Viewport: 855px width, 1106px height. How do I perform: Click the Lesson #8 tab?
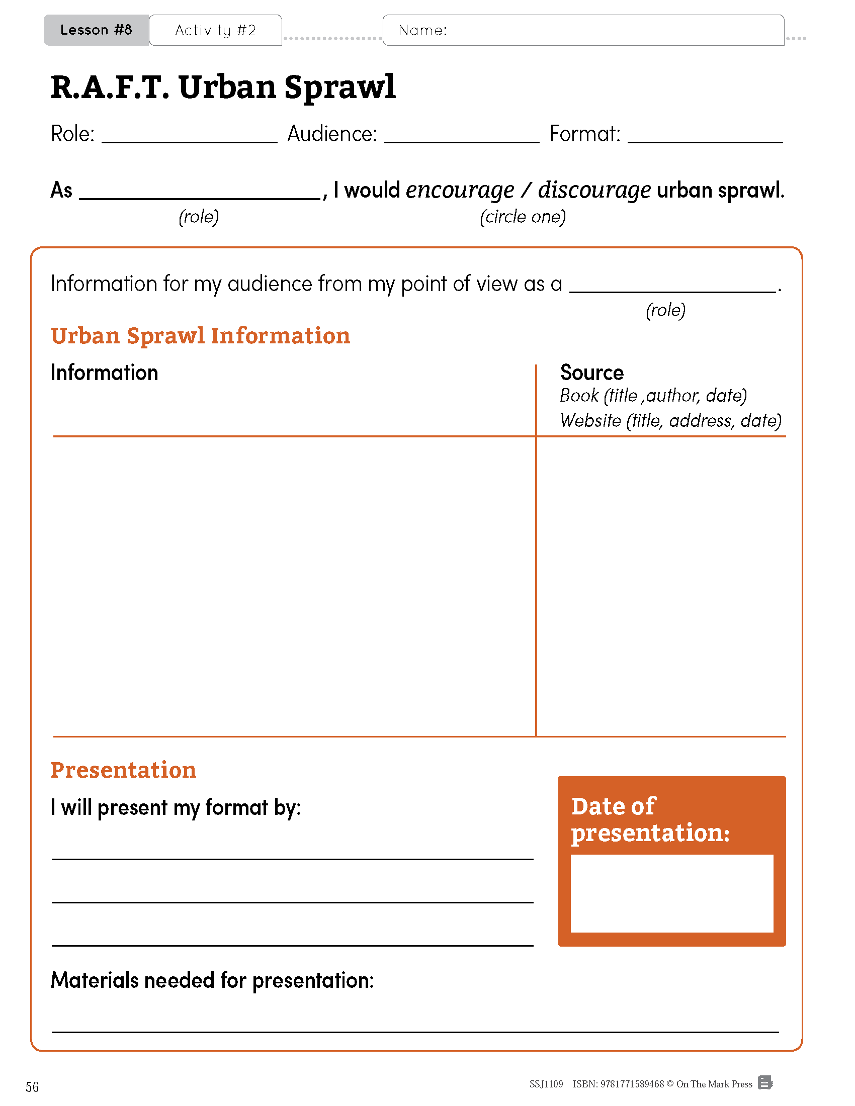coord(96,30)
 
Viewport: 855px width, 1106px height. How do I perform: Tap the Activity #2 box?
coord(215,30)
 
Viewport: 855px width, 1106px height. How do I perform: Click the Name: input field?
coord(608,30)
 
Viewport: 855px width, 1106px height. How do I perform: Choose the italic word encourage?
coord(460,191)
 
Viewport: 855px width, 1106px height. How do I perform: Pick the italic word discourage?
coord(594,191)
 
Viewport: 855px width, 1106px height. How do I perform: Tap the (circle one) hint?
coord(523,217)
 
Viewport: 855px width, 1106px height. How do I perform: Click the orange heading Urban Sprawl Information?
coord(201,336)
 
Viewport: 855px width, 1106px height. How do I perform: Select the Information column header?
coord(104,373)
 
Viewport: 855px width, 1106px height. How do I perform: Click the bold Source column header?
coord(591,373)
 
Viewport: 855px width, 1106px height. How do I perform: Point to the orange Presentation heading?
coord(123,770)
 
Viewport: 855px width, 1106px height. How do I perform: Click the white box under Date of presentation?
coord(671,893)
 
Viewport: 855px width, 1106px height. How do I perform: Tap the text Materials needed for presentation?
coord(212,980)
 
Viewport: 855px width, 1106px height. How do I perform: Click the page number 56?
coord(32,1087)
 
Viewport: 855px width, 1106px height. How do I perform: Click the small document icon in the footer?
coord(765,1083)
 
